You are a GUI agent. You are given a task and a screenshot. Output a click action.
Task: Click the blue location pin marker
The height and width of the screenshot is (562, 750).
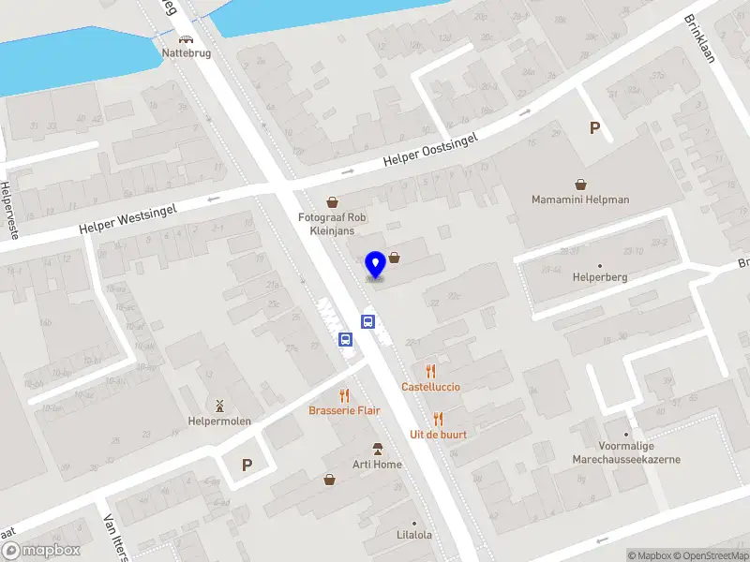pos(375,265)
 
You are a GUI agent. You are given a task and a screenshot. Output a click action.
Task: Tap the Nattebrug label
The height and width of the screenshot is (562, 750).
pos(187,53)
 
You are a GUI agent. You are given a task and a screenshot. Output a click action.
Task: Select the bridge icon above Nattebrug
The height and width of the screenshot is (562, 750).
pos(187,40)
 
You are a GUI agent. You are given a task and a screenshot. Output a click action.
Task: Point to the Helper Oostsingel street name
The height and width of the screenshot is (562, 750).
pos(430,151)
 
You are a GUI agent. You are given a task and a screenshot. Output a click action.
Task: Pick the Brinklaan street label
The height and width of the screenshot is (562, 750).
pos(699,38)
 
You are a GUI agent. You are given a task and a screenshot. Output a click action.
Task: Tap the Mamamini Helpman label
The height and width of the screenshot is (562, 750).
pos(580,200)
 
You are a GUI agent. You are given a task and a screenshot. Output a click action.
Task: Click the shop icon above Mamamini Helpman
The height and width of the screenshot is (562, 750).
pos(581,185)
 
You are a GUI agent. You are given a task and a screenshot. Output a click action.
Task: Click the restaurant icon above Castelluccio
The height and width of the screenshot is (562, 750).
pos(430,371)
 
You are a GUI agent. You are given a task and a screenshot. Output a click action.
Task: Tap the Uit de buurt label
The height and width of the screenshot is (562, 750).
pos(438,435)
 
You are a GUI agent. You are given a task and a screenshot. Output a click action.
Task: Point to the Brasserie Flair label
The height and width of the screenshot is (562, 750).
pos(344,410)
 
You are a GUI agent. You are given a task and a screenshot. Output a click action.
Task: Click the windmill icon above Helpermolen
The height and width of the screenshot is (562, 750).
pos(219,406)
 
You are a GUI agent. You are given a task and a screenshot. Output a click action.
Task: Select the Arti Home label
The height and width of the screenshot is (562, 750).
pos(377,465)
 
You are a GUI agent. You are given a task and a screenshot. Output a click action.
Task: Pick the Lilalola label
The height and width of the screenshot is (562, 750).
pos(413,536)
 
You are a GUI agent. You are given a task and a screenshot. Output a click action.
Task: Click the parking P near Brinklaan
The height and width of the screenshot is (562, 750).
pos(593,128)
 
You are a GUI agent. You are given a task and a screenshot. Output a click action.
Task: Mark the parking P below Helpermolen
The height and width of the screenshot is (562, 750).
pos(247,465)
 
